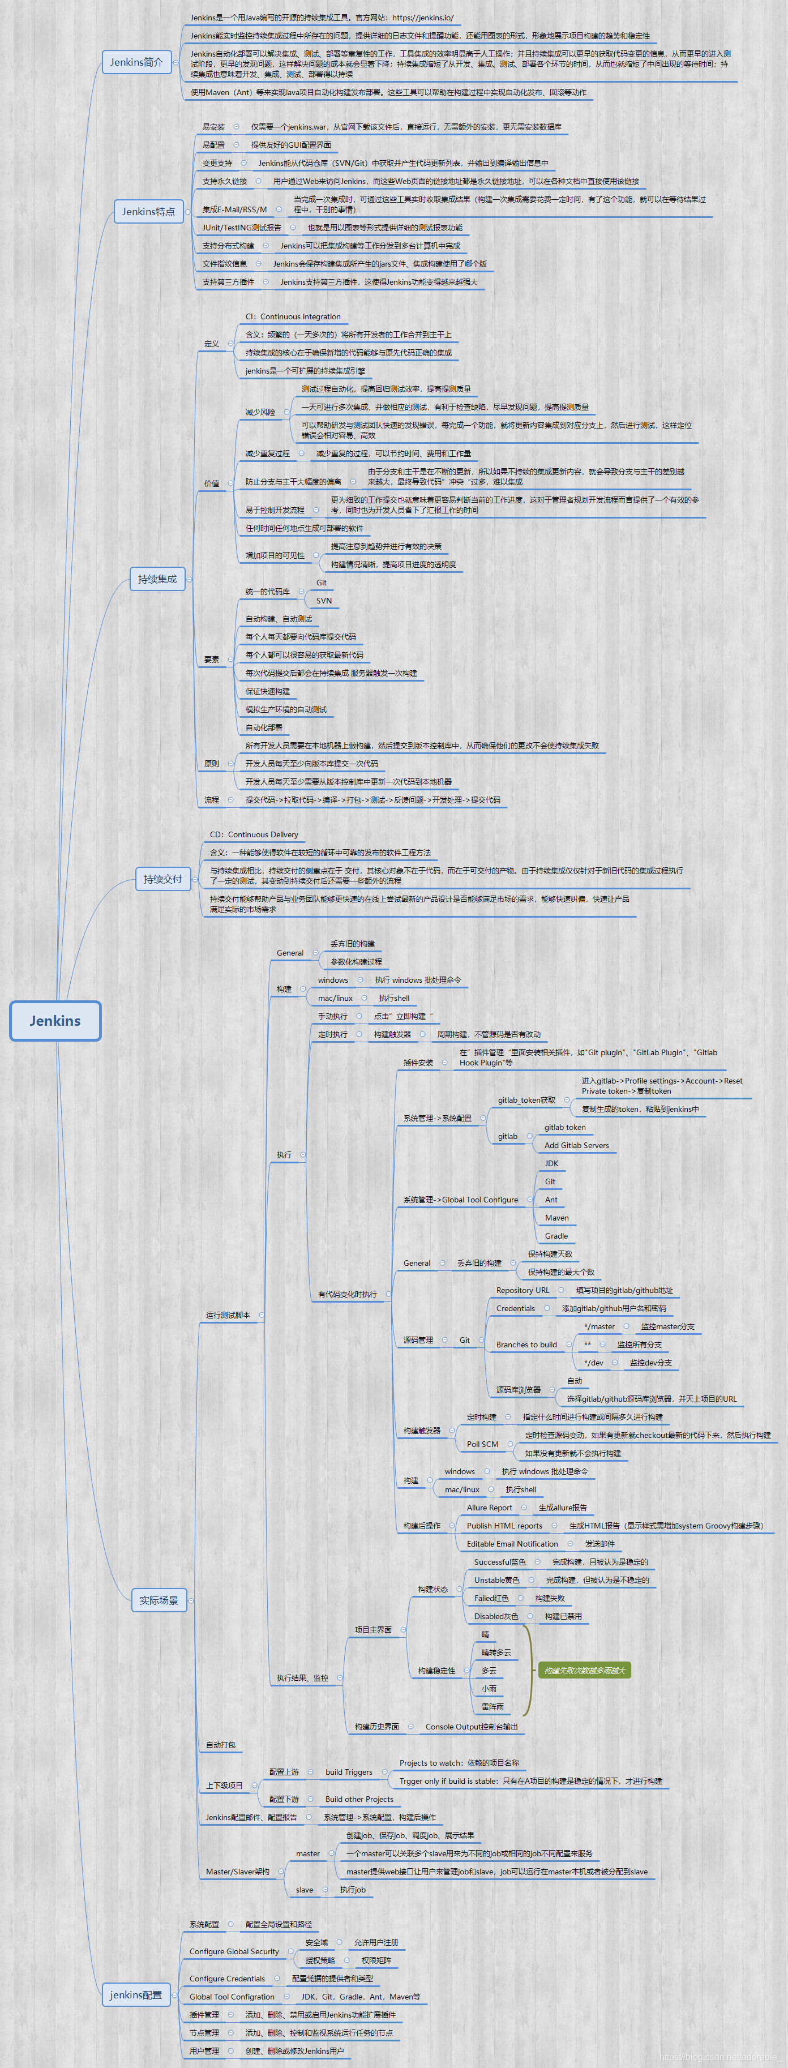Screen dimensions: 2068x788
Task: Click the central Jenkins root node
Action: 55,1020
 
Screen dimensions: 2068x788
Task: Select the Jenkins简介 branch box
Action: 136,62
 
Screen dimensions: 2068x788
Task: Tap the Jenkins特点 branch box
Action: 148,212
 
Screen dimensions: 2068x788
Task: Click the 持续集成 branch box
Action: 157,579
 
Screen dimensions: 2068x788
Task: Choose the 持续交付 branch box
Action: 163,879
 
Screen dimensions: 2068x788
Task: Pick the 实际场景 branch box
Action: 159,1600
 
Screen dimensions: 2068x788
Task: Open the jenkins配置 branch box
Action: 136,1994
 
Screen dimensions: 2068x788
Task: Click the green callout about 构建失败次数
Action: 584,1670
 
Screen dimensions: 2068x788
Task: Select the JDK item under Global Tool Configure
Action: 551,1163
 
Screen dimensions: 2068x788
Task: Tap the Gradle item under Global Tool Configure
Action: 556,1235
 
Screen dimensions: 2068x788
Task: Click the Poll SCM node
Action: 482,1444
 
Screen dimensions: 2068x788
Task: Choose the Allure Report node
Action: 490,1507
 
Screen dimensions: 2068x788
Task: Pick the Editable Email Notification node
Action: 512,1543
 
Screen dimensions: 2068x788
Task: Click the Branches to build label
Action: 526,1344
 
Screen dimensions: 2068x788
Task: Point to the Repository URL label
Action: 523,1290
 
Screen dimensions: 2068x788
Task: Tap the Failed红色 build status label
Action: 491,1598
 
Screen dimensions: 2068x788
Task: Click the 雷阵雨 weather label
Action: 492,1706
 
